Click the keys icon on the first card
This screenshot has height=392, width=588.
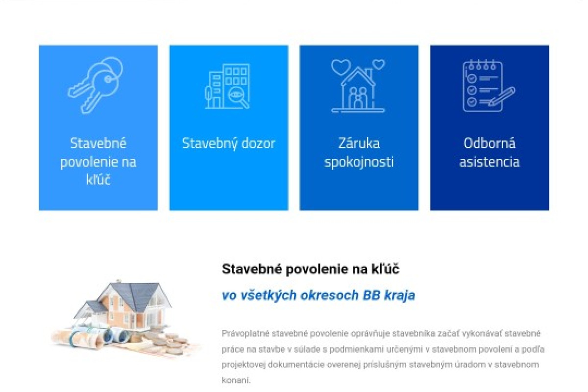click(95, 85)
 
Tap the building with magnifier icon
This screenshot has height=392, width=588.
click(227, 86)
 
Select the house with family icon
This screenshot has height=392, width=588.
click(358, 86)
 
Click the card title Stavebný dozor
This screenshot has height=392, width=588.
click(229, 144)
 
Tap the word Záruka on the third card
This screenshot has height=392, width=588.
click(359, 144)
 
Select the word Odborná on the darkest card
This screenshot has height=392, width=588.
click(490, 144)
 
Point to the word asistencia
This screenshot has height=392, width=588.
click(490, 162)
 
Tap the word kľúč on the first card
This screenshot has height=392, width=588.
click(98, 180)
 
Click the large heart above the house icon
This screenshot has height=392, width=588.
click(341, 67)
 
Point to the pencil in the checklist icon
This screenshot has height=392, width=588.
click(502, 97)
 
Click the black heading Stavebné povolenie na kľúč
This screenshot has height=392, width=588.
click(311, 269)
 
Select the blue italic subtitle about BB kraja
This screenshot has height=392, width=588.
click(318, 295)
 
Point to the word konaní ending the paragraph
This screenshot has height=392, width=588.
click(236, 380)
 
